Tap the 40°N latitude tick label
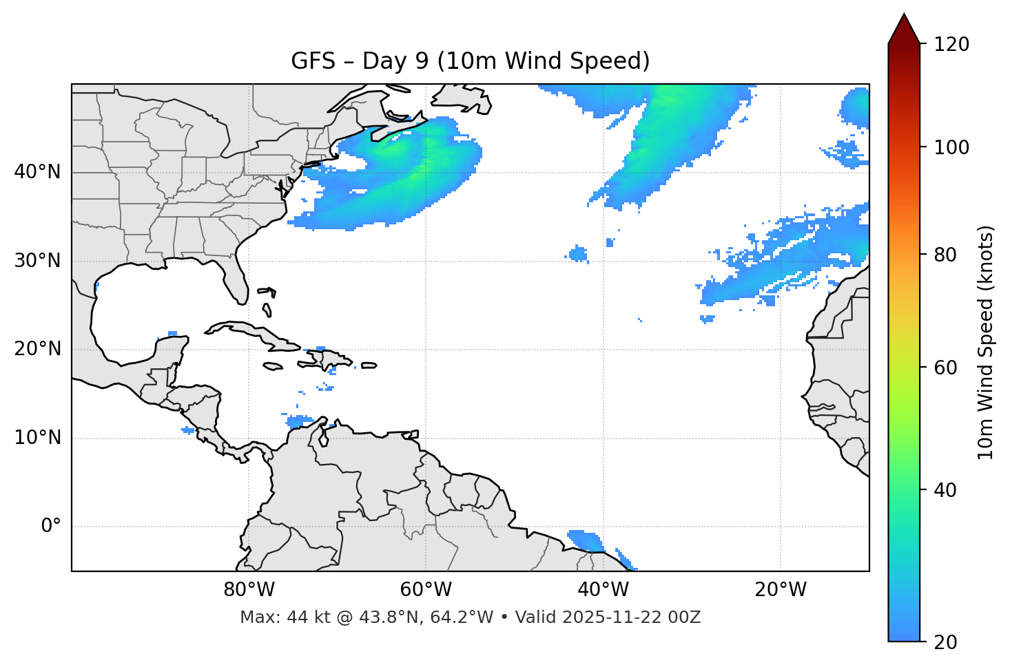37,172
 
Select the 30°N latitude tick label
37,261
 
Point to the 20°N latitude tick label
37,349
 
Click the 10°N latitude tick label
37,438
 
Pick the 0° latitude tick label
51,527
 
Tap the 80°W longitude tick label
249,590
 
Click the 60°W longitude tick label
426,590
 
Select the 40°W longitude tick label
603,590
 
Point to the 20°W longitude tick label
780,590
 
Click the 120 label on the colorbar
951,45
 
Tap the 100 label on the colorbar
951,147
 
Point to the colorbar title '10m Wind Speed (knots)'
986,342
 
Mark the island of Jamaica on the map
273,366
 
